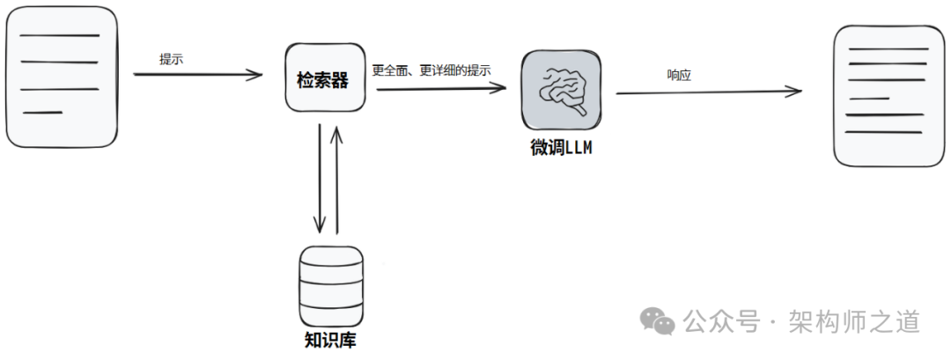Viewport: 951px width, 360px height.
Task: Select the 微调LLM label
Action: point(561,148)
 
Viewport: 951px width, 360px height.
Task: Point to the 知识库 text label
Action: point(330,340)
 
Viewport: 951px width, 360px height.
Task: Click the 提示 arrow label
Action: point(171,59)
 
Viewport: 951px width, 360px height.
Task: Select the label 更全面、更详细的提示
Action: point(431,70)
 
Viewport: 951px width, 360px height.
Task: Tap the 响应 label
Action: point(679,76)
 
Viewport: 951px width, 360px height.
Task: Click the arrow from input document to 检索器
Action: point(198,75)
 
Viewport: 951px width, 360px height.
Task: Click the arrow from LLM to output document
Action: point(709,92)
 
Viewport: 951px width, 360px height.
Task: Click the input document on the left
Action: point(61,78)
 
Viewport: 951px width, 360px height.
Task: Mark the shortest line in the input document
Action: point(42,113)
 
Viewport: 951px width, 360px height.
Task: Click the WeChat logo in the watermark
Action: point(658,320)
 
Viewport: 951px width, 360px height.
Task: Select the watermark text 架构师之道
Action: point(853,321)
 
